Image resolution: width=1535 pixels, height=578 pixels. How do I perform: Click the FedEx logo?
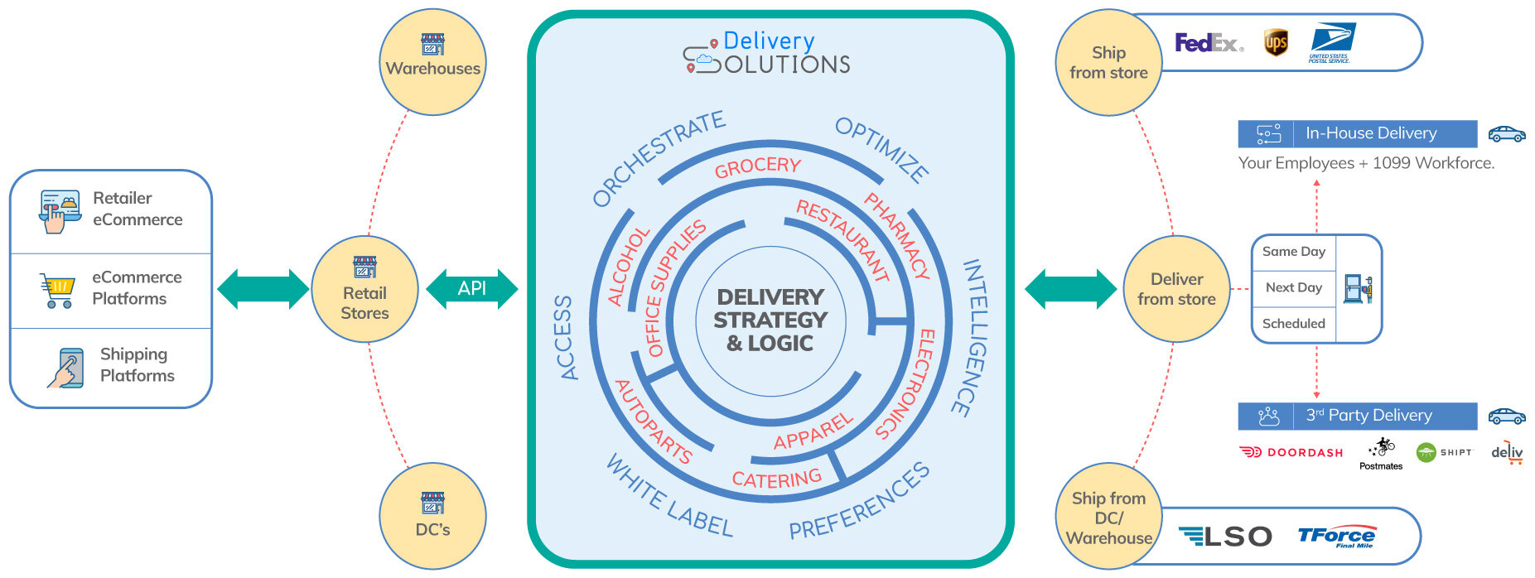click(x=1209, y=42)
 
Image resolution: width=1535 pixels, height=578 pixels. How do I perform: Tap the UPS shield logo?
click(x=1276, y=42)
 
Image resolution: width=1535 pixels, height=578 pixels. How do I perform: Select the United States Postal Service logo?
click(x=1331, y=42)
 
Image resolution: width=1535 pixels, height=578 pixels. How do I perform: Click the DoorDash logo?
click(x=1291, y=452)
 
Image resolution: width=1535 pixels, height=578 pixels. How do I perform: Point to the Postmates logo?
click(x=1381, y=454)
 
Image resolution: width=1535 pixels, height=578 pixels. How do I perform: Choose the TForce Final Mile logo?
click(x=1336, y=537)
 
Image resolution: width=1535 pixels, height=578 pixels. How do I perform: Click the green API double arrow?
click(x=471, y=288)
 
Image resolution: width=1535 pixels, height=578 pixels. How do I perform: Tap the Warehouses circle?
click(x=432, y=61)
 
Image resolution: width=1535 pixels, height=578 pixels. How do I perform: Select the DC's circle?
click(x=432, y=515)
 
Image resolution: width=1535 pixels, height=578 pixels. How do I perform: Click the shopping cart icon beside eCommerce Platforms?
click(x=58, y=290)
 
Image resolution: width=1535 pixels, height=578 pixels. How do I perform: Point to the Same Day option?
click(x=1293, y=252)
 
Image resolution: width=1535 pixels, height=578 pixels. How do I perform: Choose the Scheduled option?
click(x=1293, y=324)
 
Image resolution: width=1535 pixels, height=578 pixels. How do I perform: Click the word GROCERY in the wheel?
click(x=757, y=166)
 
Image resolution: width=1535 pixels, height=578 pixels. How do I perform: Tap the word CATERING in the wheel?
click(x=776, y=479)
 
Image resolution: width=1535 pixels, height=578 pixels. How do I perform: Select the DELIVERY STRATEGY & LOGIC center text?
click(x=770, y=320)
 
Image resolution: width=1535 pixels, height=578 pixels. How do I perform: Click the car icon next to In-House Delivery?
click(x=1506, y=133)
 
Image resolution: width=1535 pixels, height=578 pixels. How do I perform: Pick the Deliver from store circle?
click(x=1176, y=289)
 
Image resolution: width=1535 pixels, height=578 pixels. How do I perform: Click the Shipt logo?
click(x=1444, y=452)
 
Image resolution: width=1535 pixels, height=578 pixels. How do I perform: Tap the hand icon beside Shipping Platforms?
click(x=66, y=368)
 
